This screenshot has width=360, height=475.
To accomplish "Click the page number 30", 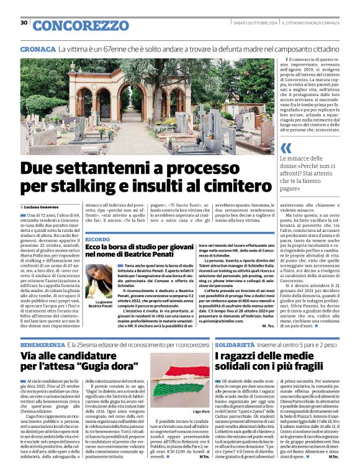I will point(24,23).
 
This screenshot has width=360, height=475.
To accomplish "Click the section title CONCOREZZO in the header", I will point(80,25).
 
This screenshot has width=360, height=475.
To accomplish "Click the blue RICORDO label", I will point(97,239).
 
